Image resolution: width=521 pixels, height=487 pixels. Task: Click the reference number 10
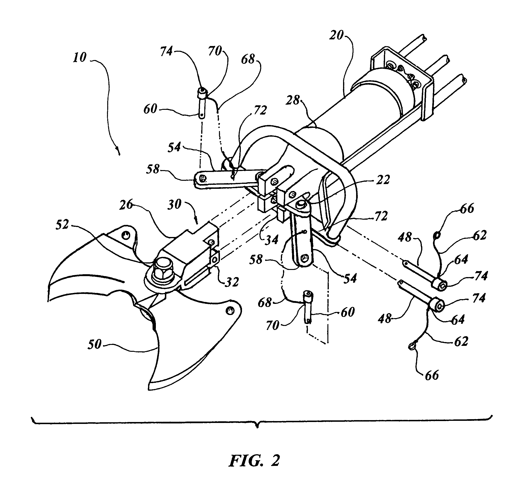coord(80,57)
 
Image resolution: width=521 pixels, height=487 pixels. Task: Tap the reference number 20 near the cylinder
coord(336,35)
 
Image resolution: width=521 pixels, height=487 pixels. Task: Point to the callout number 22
coord(383,180)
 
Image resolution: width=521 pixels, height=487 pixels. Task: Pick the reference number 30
coord(174,204)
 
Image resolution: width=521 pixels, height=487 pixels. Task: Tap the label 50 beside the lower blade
coord(94,344)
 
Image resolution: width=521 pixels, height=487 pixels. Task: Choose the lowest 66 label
coord(432,375)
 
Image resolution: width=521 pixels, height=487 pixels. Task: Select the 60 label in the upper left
coord(150,109)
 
